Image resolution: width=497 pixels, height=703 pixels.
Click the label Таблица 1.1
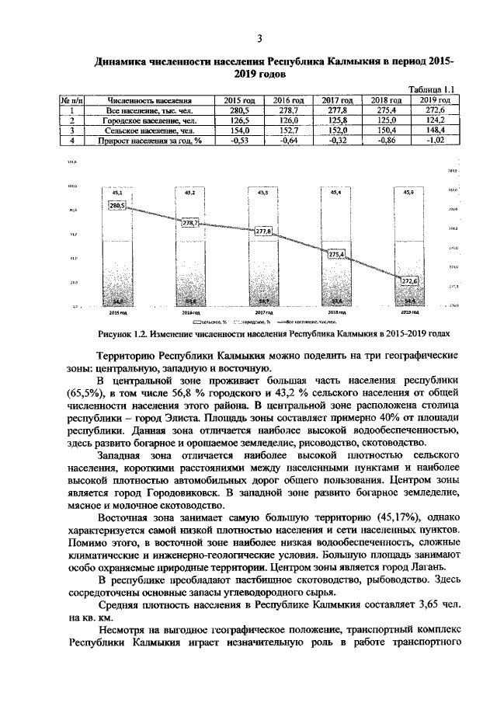431,90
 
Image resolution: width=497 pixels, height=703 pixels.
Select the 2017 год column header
338,100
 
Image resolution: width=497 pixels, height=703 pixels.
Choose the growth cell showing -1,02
435,141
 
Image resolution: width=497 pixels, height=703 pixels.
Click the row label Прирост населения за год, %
150,141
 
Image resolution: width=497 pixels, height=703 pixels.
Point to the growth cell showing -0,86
386,141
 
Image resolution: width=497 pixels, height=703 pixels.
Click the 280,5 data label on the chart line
118,206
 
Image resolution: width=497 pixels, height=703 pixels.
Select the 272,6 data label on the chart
409,280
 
